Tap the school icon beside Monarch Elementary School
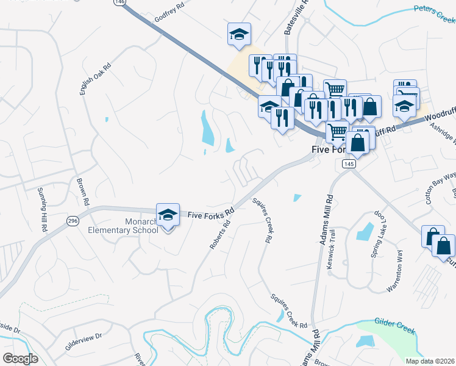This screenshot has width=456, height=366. click(168, 215)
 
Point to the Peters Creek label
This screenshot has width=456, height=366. click(435, 10)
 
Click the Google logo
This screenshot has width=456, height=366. click(21, 359)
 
